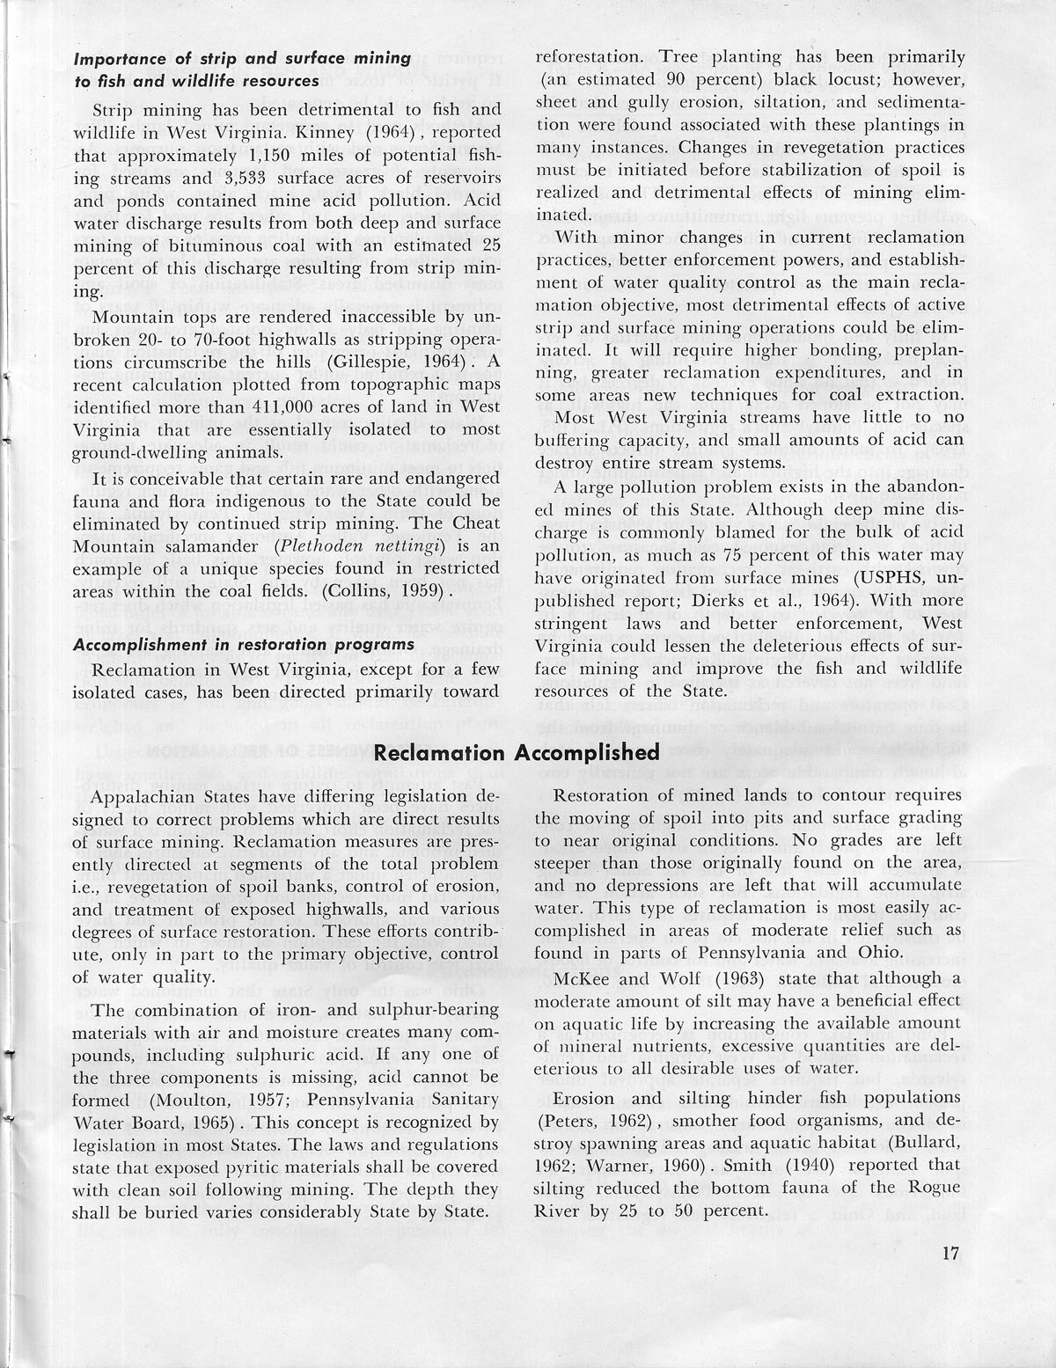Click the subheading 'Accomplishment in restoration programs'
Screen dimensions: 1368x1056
pos(244,645)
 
